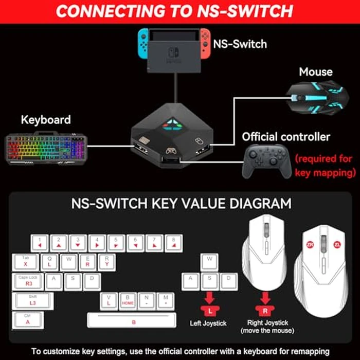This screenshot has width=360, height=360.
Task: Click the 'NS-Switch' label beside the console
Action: click(x=240, y=44)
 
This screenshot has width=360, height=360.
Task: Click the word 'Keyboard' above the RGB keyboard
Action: click(x=46, y=120)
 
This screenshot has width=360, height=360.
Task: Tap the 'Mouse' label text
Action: click(x=316, y=72)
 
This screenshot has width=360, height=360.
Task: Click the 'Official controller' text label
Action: click(x=286, y=137)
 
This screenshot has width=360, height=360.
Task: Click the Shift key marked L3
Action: click(x=32, y=301)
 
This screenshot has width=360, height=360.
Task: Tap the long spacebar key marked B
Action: click(x=133, y=320)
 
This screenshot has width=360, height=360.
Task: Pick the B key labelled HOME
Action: click(x=128, y=301)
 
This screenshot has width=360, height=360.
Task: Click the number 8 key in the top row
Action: click(x=173, y=243)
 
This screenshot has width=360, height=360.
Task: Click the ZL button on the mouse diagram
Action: click(x=337, y=244)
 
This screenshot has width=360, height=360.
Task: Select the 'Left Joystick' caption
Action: click(x=209, y=322)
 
